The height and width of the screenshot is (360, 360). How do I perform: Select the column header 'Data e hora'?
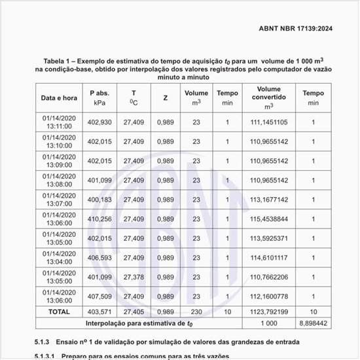pyautogui.click(x=59, y=98)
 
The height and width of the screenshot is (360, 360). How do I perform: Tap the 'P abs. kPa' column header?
pyautogui.click(x=99, y=98)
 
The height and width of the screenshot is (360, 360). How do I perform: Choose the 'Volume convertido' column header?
pyautogui.click(x=268, y=98)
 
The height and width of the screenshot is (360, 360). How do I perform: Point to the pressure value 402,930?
pyautogui.click(x=99, y=122)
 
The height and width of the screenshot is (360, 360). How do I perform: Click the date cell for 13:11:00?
pyautogui.click(x=59, y=122)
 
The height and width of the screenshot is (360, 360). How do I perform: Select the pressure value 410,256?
pyautogui.click(x=99, y=219)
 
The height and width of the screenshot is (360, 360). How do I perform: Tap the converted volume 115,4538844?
pyautogui.click(x=268, y=219)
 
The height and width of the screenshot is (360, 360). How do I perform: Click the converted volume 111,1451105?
pyautogui.click(x=268, y=122)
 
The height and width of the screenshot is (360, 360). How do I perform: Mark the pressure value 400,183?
pyautogui.click(x=99, y=200)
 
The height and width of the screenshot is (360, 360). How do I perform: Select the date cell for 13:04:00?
pyautogui.click(x=59, y=258)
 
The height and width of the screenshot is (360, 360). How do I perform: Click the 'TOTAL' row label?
pyautogui.click(x=59, y=312)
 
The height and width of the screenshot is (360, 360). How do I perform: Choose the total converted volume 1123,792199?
pyautogui.click(x=268, y=312)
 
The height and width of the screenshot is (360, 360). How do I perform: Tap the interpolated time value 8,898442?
pyautogui.click(x=313, y=323)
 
